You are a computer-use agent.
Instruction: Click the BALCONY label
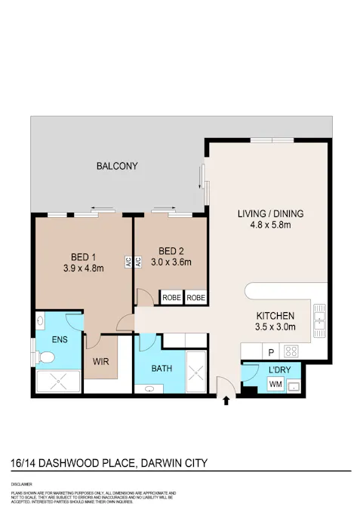[117, 166]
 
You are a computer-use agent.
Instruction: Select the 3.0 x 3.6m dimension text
[171, 262]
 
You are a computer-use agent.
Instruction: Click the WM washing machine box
[276, 385]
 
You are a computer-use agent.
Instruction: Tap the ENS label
[60, 339]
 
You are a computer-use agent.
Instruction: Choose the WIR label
[101, 361]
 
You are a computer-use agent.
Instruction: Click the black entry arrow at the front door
[226, 401]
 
